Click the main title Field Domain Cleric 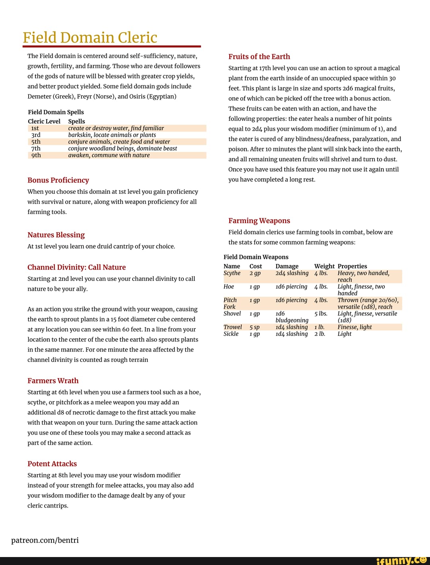tap(90, 37)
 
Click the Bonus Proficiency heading tap(58, 180)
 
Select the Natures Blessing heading tap(56, 235)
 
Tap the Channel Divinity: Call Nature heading tap(76, 267)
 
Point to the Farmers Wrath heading tap(53, 381)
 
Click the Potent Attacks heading tap(52, 463)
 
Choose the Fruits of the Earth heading tap(259, 57)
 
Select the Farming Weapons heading tap(259, 221)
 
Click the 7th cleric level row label tap(36, 148)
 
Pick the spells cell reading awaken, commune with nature tap(109, 155)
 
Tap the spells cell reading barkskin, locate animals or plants tap(112, 135)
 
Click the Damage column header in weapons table tap(287, 266)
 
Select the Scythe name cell tap(232, 273)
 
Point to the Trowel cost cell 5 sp tap(254, 327)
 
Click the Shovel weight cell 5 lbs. tap(321, 314)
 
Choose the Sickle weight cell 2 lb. tap(320, 334)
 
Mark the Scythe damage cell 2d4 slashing tap(292, 273)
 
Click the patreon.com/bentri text tap(45, 540)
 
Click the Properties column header tap(352, 266)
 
